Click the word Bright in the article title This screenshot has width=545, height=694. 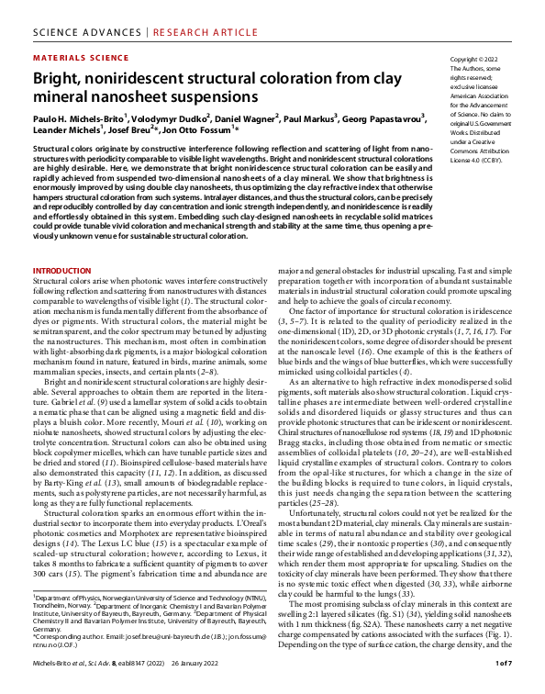tap(58, 78)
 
